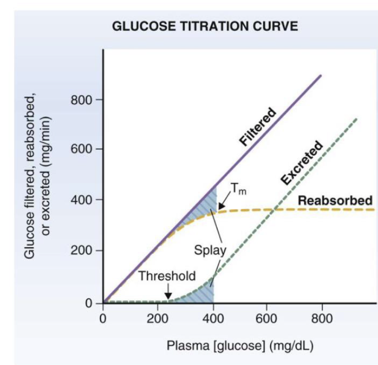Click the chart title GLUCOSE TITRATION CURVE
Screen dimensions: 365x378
pyautogui.click(x=205, y=26)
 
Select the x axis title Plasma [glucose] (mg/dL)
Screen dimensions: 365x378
pyautogui.click(x=240, y=346)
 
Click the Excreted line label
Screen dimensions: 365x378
pyautogui.click(x=302, y=163)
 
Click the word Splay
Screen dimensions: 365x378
pyautogui.click(x=209, y=250)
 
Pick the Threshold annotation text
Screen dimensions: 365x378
pyautogui.click(x=167, y=276)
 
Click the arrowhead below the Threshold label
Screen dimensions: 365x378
pyautogui.click(x=168, y=296)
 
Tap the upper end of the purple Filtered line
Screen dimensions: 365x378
pyautogui.click(x=321, y=75)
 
